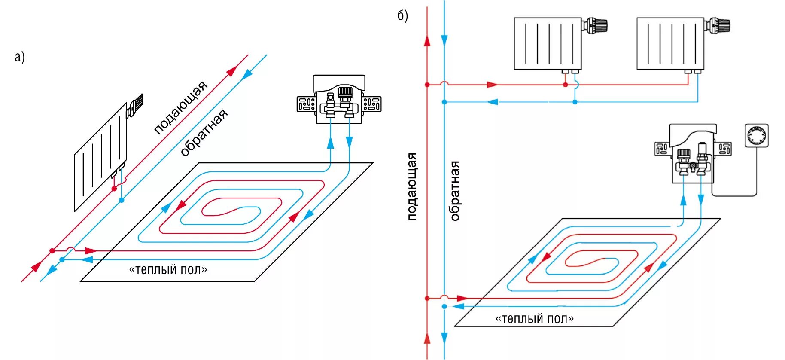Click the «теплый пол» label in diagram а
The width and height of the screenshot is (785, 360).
[x=168, y=270]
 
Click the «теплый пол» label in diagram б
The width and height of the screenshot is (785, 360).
[x=534, y=319]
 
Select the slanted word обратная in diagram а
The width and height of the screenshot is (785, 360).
[x=204, y=133]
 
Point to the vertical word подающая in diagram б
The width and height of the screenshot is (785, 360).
[x=412, y=186]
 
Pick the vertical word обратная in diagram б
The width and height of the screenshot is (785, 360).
[x=455, y=191]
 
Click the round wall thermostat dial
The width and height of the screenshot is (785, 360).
[x=756, y=136]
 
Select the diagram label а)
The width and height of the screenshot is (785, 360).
[x=20, y=57]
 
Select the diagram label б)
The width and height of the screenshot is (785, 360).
[x=402, y=16]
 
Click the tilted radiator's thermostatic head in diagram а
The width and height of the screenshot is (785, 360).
[x=136, y=104]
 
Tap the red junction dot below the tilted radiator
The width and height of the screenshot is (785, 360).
[x=114, y=189]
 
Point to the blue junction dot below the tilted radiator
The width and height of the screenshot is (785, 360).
[x=122, y=200]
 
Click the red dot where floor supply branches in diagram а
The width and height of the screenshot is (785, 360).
[x=52, y=250]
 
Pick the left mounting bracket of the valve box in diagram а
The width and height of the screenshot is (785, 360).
[x=307, y=104]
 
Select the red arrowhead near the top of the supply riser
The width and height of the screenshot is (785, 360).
[x=427, y=41]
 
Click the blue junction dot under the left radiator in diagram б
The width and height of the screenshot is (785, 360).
[x=575, y=102]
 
